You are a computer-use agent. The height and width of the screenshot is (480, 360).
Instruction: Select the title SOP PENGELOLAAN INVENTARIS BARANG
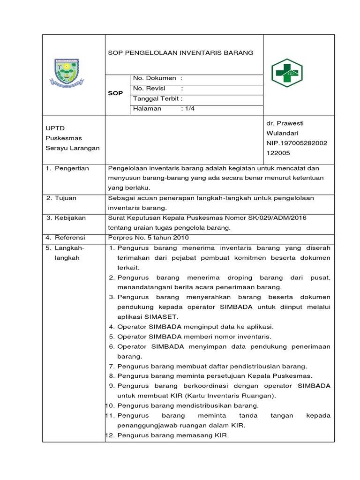(180, 53)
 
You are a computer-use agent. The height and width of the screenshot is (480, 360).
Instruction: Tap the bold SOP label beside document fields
(115, 93)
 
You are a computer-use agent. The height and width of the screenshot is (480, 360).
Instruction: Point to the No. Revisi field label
(150, 88)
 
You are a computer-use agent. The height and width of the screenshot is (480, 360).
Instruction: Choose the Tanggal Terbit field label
(157, 98)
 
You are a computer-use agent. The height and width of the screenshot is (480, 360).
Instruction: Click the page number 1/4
(188, 109)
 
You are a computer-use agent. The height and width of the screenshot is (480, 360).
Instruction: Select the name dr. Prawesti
(285, 123)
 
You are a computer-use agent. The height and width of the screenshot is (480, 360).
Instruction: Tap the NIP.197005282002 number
(297, 143)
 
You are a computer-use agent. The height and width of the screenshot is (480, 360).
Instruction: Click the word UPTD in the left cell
(55, 128)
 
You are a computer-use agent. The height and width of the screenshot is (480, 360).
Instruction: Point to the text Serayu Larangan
(72, 148)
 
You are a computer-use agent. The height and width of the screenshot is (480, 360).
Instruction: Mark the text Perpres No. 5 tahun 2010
(146, 238)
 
